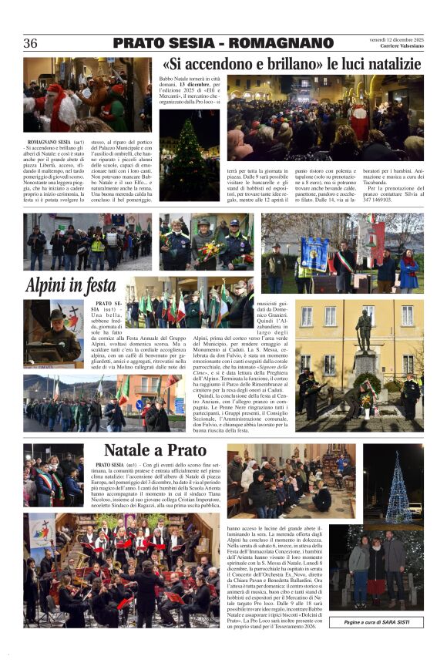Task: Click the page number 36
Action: (x=31, y=43)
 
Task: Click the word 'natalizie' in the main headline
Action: (x=388, y=65)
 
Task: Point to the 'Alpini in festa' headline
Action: (x=70, y=285)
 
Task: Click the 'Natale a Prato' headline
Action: (x=155, y=450)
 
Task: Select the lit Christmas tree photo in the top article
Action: (x=189, y=154)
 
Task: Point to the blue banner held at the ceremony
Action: (x=314, y=254)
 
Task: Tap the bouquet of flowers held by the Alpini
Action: (x=209, y=248)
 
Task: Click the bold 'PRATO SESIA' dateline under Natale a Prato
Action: (x=112, y=466)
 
